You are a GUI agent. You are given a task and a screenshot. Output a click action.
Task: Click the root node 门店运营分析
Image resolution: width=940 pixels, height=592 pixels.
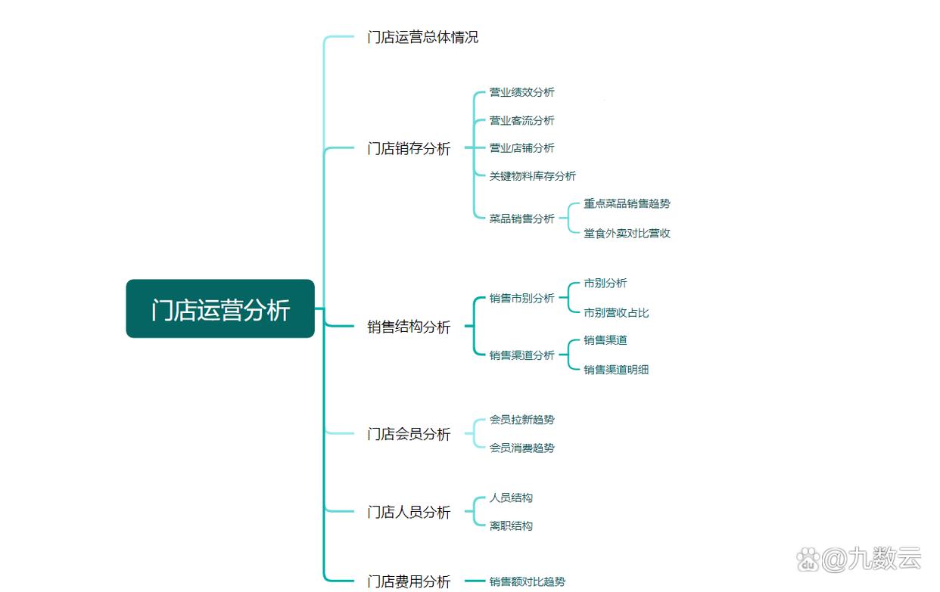pos(219,309)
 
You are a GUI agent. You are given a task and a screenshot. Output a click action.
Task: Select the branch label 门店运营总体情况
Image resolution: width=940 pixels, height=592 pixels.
pos(422,37)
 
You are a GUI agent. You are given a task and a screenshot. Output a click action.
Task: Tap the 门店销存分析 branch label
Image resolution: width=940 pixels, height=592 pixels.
pos(409,149)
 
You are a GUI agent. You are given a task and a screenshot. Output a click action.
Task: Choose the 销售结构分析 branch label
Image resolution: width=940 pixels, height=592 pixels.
pos(409,327)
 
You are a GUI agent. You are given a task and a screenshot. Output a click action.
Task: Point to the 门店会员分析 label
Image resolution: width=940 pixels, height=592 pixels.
pos(409,434)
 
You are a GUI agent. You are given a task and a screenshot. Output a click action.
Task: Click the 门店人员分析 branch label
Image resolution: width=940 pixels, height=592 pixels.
pos(409,513)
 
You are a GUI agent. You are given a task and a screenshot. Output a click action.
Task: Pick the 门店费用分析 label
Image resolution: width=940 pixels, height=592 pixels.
pos(409,581)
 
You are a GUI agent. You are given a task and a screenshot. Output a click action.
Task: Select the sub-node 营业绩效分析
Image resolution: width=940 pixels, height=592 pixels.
pos(521,92)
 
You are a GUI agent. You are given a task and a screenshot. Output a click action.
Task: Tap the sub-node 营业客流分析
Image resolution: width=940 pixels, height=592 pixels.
pos(521,120)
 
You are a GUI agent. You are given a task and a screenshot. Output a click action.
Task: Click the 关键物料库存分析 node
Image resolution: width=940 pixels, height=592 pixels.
pos(532,176)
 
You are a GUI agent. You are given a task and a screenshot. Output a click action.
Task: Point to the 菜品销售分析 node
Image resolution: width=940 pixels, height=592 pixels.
pos(521,219)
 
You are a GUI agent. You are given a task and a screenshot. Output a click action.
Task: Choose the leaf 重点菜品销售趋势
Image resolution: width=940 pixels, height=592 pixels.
pos(627,203)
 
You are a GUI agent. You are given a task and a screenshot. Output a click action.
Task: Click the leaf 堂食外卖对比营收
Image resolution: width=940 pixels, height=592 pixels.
pos(627,233)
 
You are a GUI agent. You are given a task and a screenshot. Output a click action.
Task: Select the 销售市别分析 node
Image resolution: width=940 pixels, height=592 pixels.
pos(521,298)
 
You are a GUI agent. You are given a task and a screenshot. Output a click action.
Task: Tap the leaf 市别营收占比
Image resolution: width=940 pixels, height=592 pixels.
pos(616,312)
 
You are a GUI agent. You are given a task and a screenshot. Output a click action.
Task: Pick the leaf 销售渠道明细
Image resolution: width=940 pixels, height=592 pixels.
pos(616,370)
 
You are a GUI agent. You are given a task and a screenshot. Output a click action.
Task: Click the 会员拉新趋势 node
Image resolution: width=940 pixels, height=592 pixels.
pos(521,420)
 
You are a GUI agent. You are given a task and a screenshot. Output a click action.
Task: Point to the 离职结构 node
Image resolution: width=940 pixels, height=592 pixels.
pos(511,525)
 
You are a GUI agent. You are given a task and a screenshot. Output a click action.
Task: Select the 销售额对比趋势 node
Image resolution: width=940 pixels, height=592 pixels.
pos(527,581)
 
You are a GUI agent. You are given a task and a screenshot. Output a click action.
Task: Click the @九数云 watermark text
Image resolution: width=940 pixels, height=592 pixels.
pos(870,560)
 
